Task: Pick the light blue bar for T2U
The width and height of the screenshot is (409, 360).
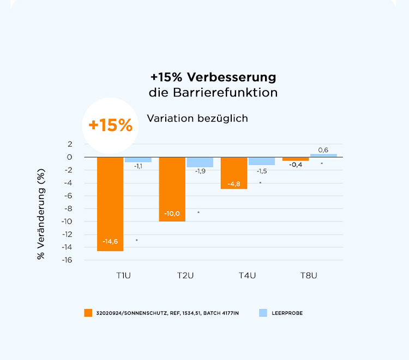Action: pyautogui.click(x=200, y=162)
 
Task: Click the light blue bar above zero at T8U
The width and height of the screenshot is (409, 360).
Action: pyautogui.click(x=323, y=155)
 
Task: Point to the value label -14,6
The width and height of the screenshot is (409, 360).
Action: pyautogui.click(x=110, y=241)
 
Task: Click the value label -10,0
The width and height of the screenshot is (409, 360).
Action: pyautogui.click(x=172, y=213)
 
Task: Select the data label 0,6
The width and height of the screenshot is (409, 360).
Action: pyautogui.click(x=323, y=149)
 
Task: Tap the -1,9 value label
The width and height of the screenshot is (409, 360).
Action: pyautogui.click(x=200, y=171)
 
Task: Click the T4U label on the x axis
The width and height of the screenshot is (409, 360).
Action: pyautogui.click(x=247, y=275)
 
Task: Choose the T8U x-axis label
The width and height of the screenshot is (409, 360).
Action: pyautogui.click(x=309, y=275)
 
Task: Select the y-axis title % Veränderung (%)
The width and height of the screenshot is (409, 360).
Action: pyautogui.click(x=41, y=214)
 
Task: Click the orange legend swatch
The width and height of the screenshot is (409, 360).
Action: pyautogui.click(x=88, y=313)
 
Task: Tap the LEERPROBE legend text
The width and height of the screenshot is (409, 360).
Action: pyautogui.click(x=287, y=313)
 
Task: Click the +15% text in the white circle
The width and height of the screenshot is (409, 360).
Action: pyautogui.click(x=110, y=125)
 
